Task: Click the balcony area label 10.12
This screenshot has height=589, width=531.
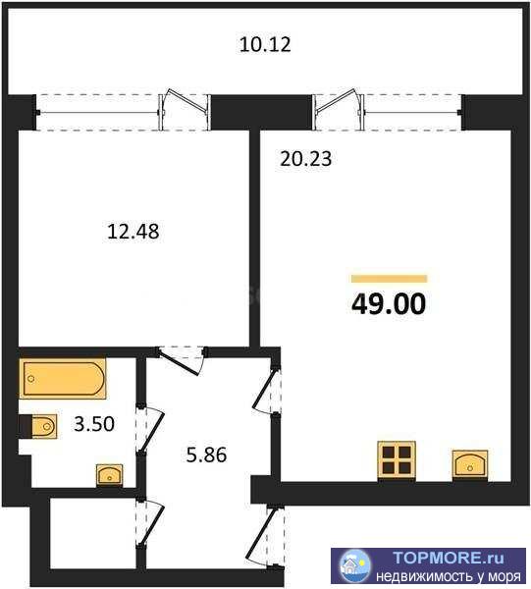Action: click(265, 44)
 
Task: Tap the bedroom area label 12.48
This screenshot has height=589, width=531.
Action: click(133, 231)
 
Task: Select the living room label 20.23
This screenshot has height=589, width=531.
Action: click(306, 158)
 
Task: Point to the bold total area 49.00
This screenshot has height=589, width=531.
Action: click(389, 303)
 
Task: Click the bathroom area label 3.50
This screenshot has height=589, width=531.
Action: click(94, 424)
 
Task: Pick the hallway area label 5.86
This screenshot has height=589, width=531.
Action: click(206, 455)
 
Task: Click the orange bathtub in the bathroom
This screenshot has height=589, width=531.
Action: click(63, 379)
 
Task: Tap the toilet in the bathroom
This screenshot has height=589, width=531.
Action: click(38, 426)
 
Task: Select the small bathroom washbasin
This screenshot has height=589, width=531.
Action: click(109, 475)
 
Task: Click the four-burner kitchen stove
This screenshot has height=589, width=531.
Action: click(397, 460)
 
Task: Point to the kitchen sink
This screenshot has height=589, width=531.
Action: click(470, 465)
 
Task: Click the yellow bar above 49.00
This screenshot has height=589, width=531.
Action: click(389, 279)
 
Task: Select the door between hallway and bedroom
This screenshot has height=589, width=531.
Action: click(181, 360)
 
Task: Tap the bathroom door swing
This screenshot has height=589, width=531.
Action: click(149, 429)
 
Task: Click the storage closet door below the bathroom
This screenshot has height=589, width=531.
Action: click(149, 522)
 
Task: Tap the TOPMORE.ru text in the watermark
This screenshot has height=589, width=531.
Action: click(448, 558)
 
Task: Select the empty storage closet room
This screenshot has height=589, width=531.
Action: click(93, 533)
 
